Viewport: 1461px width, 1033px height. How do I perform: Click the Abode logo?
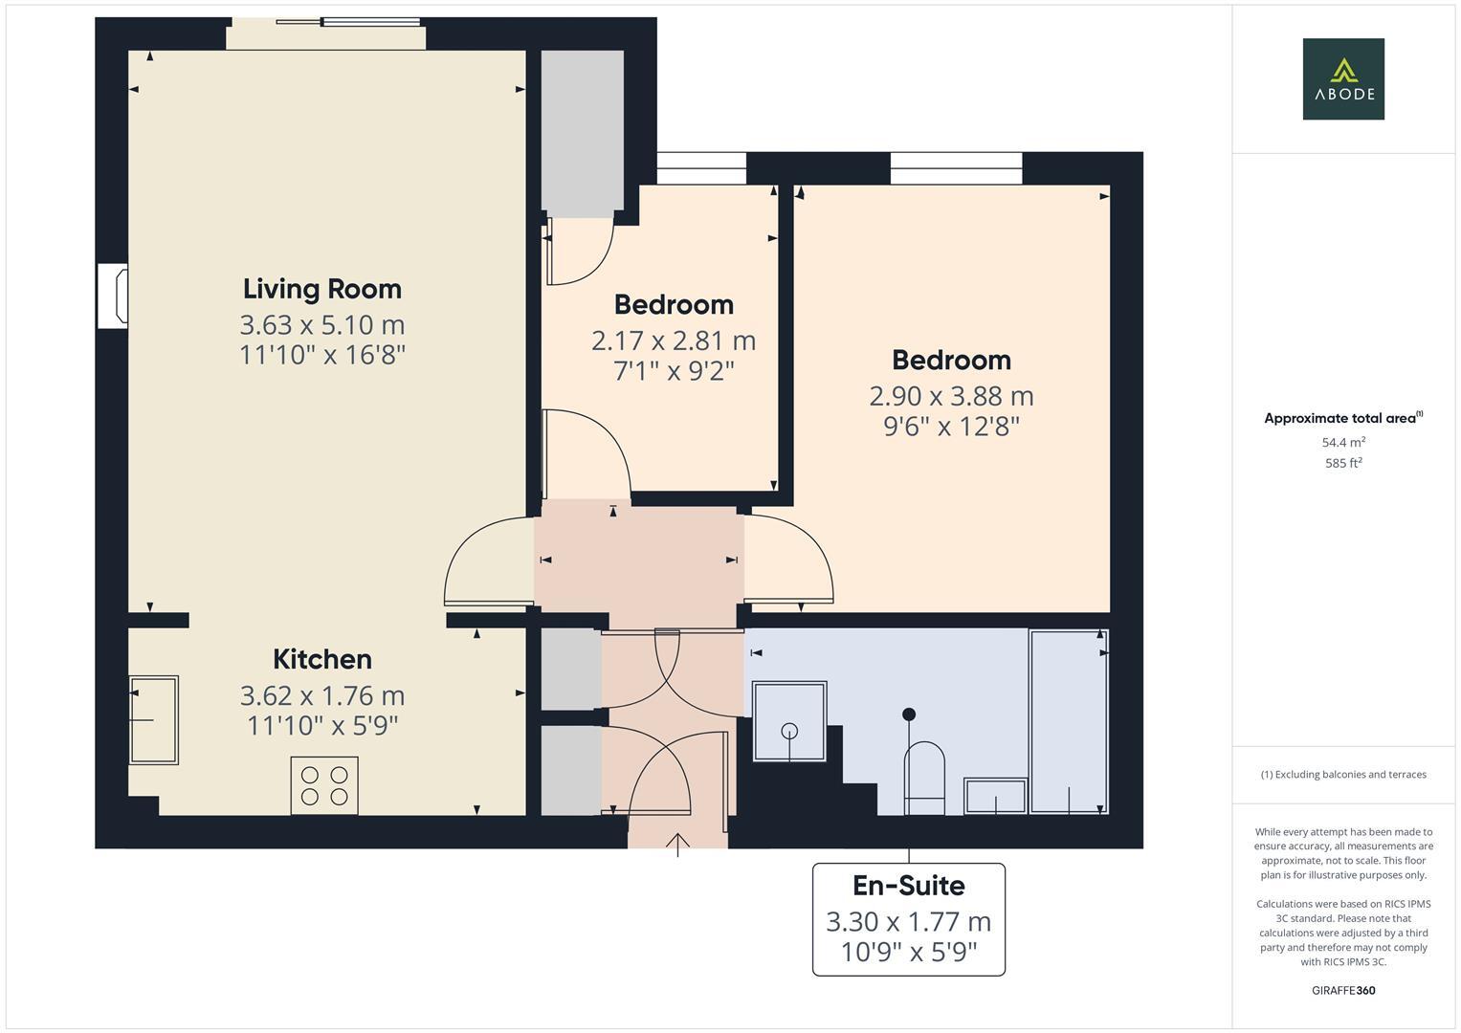click(1342, 78)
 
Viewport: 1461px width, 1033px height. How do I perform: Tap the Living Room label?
click(321, 289)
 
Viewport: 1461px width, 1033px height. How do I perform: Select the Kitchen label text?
click(321, 659)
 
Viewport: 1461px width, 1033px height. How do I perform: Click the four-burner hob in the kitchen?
click(324, 785)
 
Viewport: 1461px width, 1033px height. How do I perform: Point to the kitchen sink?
click(154, 719)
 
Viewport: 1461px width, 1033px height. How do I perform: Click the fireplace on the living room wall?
click(114, 297)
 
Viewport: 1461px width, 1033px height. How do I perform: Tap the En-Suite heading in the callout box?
click(908, 886)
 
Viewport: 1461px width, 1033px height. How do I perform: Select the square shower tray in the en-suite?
click(789, 721)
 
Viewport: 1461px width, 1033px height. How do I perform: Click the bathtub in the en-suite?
click(1069, 721)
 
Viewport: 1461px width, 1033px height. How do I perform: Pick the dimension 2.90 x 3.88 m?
click(950, 396)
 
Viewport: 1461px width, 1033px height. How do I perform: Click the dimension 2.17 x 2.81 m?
click(674, 341)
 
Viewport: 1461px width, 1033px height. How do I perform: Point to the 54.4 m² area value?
click(1342, 442)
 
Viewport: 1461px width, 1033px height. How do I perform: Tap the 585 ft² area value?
click(1342, 463)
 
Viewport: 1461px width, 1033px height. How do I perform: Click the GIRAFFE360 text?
click(1342, 990)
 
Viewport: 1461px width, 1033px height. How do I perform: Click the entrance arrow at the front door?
click(677, 844)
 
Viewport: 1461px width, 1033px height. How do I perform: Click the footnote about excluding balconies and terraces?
click(1342, 774)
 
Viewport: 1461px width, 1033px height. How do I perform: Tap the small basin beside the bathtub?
click(995, 796)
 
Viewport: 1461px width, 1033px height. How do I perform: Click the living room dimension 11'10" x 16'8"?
click(321, 355)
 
